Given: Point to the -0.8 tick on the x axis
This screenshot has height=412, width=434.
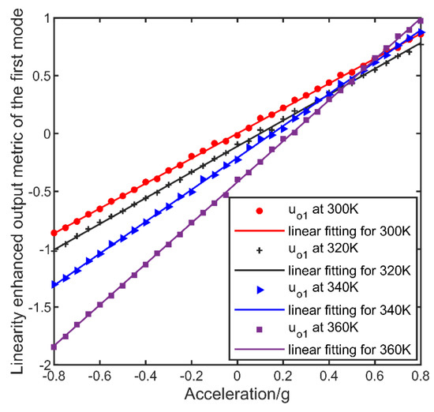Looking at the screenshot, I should pyautogui.click(x=53, y=376).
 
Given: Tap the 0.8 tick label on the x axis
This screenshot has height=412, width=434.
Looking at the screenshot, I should pyautogui.click(x=422, y=376).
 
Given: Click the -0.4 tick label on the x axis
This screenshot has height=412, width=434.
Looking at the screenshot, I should pyautogui.click(x=145, y=376).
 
